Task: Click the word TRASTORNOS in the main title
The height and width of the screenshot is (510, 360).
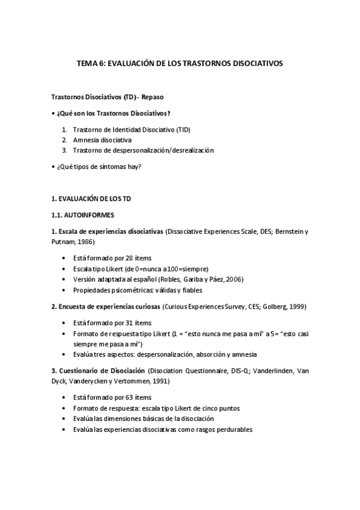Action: [x=207, y=63]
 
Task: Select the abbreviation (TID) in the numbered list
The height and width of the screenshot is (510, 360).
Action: [x=183, y=129]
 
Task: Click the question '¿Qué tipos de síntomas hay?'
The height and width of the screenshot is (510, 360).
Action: [x=99, y=167]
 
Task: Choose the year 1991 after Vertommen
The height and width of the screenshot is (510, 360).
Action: [x=160, y=381]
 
